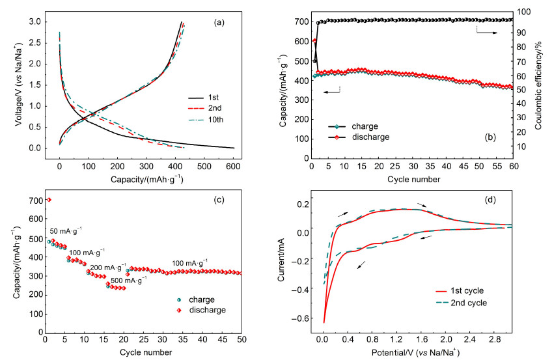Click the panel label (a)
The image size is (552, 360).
tap(219, 23)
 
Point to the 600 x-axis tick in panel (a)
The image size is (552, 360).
tap(234, 167)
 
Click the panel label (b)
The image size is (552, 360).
tap(490, 137)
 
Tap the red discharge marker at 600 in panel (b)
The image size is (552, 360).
tap(314, 41)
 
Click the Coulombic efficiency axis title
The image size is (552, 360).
tap(538, 85)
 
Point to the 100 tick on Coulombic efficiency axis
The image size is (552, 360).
tap(524, 12)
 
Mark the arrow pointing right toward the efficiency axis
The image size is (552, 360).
tap(487, 33)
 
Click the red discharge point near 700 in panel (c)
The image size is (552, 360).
tap(49, 200)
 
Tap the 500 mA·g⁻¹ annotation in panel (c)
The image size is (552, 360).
tap(129, 281)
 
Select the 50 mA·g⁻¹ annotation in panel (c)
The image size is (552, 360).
tap(66, 231)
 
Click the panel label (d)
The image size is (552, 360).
tap(490, 201)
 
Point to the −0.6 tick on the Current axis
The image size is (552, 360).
tap(299, 318)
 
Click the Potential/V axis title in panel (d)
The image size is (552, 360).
tap(416, 352)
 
